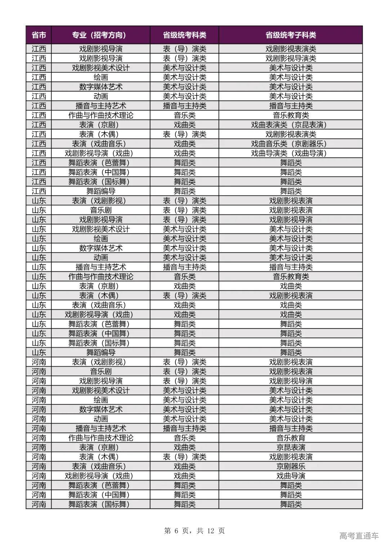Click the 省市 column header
click(39, 35)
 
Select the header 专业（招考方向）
click(100, 35)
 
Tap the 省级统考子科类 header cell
click(291, 35)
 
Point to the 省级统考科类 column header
click(184, 35)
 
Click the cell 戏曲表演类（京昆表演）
click(291, 125)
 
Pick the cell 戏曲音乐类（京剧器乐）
click(291, 144)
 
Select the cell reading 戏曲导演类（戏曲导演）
click(291, 153)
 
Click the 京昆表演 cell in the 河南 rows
click(291, 447)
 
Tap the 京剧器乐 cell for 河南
click(291, 466)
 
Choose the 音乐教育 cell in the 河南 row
click(291, 438)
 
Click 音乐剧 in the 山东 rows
click(100, 210)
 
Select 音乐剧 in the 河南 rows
click(100, 371)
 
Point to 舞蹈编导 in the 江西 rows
click(100, 191)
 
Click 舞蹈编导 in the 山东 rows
click(100, 353)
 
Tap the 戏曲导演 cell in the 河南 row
click(291, 476)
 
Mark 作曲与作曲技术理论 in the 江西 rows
click(100, 115)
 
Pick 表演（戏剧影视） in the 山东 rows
click(100, 201)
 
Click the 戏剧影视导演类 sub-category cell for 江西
click(291, 58)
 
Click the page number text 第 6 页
click(176, 531)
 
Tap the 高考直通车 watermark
click(359, 536)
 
